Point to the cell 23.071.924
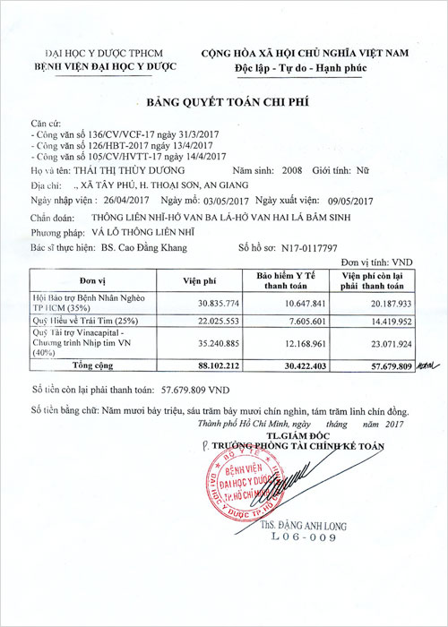[384, 341]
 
